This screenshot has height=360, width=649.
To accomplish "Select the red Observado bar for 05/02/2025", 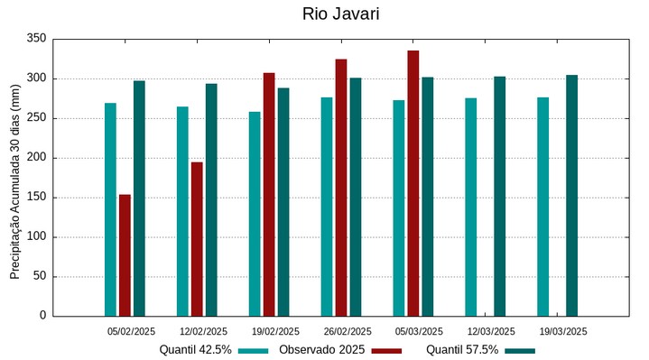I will coord(125,255).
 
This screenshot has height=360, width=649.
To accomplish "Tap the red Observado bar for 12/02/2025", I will coord(197,239).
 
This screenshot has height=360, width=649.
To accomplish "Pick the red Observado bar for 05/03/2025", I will coord(413,183).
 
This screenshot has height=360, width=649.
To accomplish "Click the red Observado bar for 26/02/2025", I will coord(341,188).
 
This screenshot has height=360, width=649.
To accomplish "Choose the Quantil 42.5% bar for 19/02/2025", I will coord(255,214).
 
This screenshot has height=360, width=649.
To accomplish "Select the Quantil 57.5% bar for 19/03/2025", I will coord(572,195).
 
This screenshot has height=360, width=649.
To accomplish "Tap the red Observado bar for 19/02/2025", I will coord(269,194).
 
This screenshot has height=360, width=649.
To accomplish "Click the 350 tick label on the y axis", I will coord(36,39).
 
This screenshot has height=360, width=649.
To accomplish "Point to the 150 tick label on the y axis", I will coord(36,198).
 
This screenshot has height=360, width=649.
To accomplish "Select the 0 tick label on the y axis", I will coord(42,316).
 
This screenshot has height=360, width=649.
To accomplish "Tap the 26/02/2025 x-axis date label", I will coord(348,331).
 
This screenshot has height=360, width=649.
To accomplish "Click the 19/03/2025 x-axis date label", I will coord(563,331).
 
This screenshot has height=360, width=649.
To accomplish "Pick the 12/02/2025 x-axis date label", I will coord(203,331).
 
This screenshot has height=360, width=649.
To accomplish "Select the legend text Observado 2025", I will coord(322,350).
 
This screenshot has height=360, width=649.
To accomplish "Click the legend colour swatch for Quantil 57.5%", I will coord(520,350).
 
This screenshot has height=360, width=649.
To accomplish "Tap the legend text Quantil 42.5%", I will coord(195,350).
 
